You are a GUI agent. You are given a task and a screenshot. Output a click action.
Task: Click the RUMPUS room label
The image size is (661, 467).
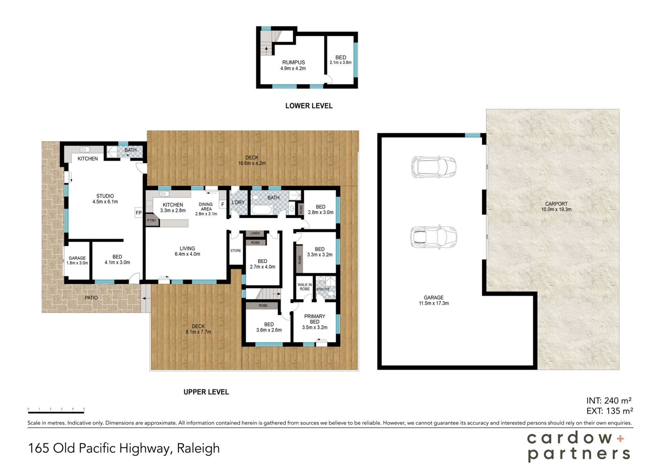point(293,62)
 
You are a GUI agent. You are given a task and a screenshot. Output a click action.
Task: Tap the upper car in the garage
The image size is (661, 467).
point(434,167)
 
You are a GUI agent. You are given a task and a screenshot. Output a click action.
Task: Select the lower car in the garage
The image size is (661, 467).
point(434,237)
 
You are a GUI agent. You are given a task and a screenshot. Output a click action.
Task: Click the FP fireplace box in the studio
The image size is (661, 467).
point(138,213)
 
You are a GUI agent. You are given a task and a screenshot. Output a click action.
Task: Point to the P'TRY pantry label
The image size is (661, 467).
point(151,221)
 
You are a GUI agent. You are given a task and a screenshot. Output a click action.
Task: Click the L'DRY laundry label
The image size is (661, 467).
point(238,202)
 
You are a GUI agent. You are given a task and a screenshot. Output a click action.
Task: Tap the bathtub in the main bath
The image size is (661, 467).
point(262,210)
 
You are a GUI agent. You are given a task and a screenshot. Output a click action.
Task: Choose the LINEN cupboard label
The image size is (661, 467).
point(255,233)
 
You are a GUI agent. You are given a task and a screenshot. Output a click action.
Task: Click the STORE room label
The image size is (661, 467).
point(235,251)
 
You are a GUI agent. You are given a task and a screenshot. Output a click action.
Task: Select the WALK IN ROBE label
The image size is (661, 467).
point(305,287)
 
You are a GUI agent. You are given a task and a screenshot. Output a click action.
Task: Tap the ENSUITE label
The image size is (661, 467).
point(323,289)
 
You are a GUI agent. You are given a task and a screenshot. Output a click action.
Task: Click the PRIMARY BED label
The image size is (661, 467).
point(315,319)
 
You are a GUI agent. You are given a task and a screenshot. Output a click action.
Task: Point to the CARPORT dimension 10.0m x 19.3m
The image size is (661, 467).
point(556,210)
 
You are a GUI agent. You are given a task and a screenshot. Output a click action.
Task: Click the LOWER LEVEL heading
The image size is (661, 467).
point(309,106)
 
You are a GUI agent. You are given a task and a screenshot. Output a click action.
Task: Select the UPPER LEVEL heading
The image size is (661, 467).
point(206,392)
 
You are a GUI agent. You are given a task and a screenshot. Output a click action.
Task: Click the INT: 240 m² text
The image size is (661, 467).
point(609,401)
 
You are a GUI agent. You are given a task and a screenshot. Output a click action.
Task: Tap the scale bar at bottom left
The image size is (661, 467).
point(56,412)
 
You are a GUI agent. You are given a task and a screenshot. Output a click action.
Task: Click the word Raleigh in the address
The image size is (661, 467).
point(198,448)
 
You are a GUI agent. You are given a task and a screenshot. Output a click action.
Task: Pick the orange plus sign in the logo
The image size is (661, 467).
point(620,438)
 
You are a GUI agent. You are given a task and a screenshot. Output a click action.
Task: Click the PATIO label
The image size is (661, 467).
point(91,298)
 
